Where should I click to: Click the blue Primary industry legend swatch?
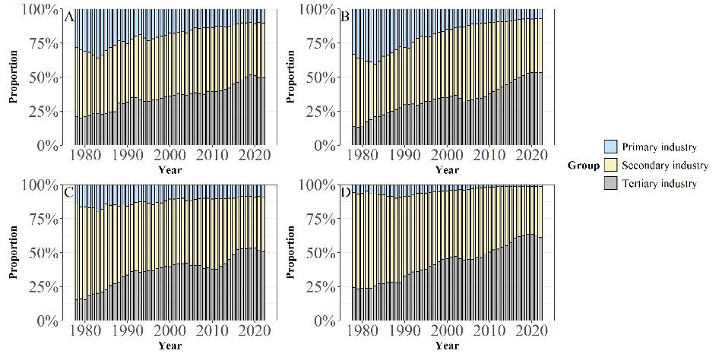pos(611,147)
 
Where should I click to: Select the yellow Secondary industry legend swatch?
pos(611,165)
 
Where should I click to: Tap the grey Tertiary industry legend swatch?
pos(611,184)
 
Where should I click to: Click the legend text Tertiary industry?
pos(659,184)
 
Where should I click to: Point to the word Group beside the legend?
pos(583,165)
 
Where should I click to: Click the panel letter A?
pos(69,17)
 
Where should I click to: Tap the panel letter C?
pos(69,192)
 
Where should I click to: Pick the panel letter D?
pos(346,192)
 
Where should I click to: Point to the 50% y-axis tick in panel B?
pos(318,77)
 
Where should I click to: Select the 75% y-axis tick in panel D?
pos(318,219)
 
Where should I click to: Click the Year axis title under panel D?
pos(447,346)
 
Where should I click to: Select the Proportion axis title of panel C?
pos(14,252)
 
